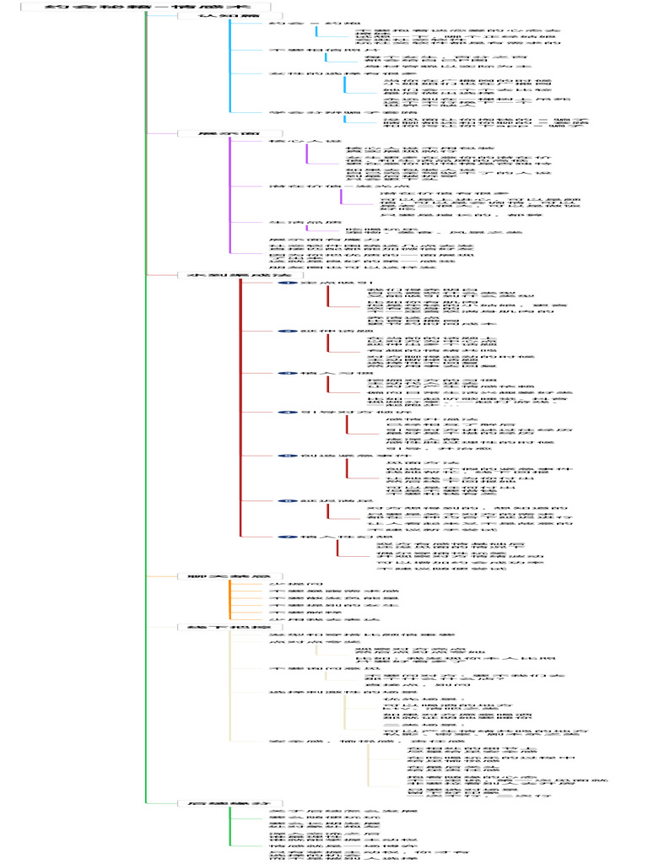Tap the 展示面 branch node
(206, 133)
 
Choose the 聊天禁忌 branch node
(206, 576)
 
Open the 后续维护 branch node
(206, 803)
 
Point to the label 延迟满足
(325, 500)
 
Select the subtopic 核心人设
(287, 142)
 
